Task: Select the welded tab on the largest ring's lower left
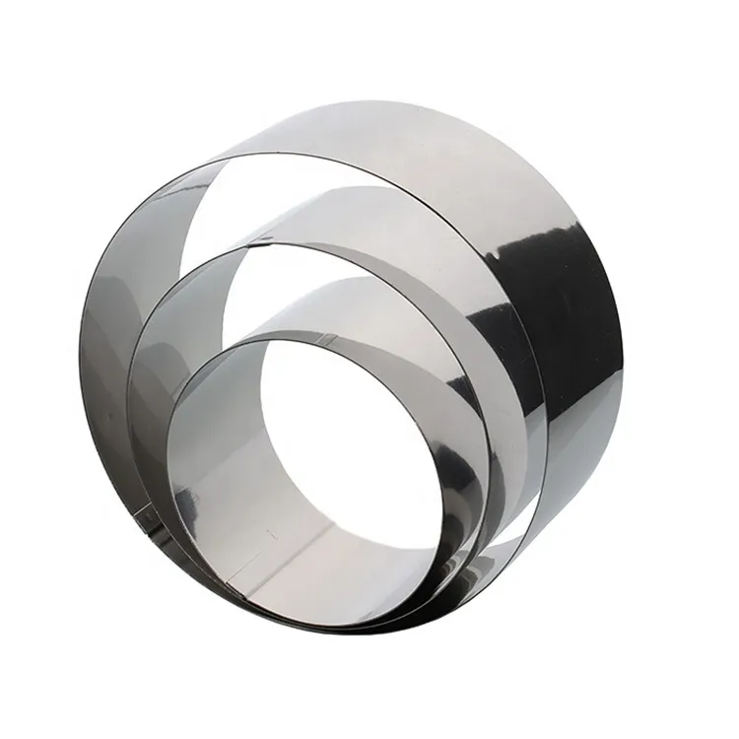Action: (145, 513)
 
